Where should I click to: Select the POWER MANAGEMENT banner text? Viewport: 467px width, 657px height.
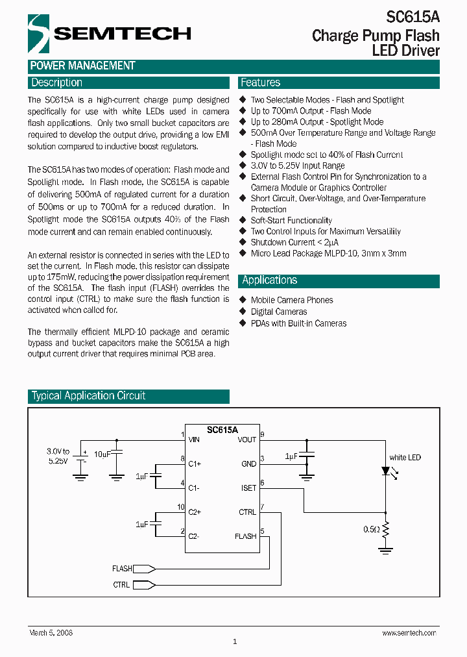pos(82,66)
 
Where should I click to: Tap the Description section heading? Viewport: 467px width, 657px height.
pos(56,82)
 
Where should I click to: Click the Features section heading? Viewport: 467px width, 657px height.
pos(260,82)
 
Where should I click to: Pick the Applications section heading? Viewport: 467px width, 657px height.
pos(269,280)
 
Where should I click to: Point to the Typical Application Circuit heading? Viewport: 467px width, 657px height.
pos(88,395)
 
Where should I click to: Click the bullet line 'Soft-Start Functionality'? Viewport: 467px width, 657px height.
pos(291,220)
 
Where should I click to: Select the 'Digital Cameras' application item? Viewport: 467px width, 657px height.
pos(279,312)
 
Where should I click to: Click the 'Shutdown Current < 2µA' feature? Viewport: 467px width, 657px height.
pos(293,242)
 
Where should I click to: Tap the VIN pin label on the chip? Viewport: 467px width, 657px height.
pos(194,440)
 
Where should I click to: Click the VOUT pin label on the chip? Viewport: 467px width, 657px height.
pos(246,440)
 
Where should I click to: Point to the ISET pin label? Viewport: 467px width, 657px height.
pos(248,488)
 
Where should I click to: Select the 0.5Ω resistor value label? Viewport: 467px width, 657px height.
pos(371,529)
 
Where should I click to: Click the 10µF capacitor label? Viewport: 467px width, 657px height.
pos(102,454)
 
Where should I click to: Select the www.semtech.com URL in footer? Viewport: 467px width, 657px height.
pos(409,632)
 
